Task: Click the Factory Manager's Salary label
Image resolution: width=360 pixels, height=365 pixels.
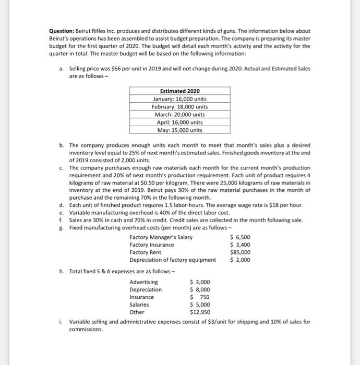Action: click(x=161, y=238)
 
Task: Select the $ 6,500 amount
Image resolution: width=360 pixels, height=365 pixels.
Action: click(x=240, y=238)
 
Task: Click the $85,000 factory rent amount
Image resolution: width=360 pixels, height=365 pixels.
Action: click(x=240, y=252)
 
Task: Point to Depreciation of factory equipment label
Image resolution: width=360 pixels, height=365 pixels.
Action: click(x=172, y=260)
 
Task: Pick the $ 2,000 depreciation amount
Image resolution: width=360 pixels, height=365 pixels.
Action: click(x=240, y=260)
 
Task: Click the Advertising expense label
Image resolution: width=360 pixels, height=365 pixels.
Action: click(x=143, y=282)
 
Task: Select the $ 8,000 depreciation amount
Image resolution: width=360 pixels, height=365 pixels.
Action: click(x=200, y=289)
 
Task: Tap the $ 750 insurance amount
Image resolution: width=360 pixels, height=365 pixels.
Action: click(x=200, y=297)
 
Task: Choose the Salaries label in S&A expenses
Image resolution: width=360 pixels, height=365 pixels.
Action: click(x=139, y=305)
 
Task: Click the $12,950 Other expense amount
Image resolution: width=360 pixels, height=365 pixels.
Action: click(x=200, y=312)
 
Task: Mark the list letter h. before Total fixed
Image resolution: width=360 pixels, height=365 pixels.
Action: click(x=62, y=271)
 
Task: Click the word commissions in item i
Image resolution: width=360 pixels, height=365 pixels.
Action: click(x=86, y=330)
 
